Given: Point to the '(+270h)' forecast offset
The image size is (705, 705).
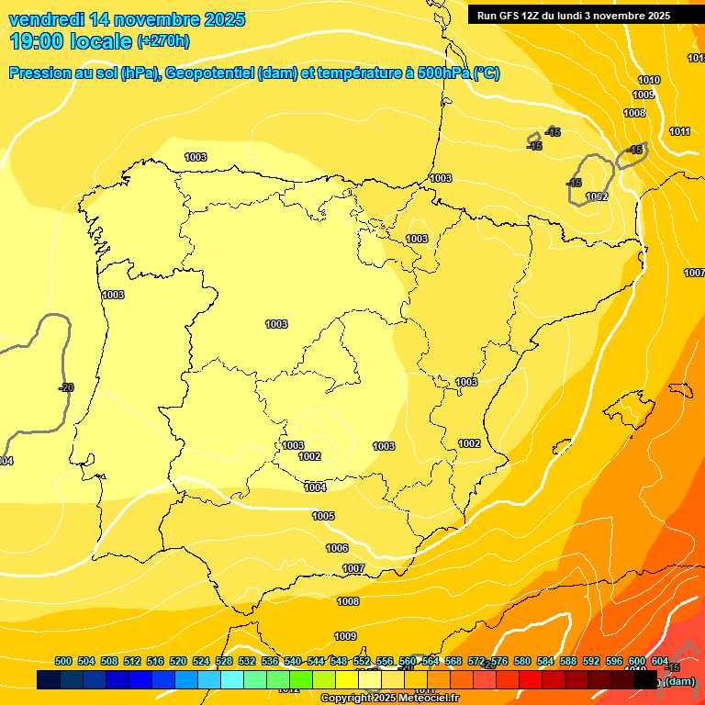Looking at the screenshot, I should click(163, 41).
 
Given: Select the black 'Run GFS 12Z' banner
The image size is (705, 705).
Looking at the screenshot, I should click(574, 15).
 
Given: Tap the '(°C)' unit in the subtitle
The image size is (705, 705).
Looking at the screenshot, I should click(486, 73).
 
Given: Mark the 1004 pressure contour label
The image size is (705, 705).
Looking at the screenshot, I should click(315, 487).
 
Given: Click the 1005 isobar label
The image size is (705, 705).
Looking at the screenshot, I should click(323, 517).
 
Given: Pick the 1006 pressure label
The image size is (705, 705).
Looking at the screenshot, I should click(337, 548).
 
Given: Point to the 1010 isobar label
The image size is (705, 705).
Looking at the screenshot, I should click(649, 80).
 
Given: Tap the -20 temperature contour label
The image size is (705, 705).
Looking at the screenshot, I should click(66, 387).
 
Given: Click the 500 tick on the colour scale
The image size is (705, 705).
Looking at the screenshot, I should click(63, 661).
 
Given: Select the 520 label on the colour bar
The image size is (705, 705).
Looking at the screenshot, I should click(178, 661).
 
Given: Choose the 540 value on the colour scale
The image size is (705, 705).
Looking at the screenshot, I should click(293, 661).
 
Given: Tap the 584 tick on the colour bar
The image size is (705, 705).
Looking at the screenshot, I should click(545, 661).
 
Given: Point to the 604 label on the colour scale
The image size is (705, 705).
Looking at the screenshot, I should click(659, 661).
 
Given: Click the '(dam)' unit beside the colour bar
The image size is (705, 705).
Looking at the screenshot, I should click(679, 681).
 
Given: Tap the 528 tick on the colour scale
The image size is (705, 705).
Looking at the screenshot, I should click(224, 661).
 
